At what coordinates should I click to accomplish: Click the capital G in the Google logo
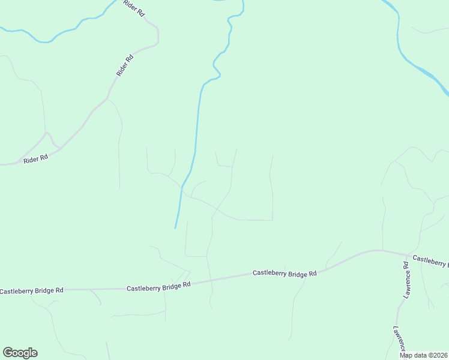click(8, 353)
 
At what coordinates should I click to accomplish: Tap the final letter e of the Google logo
click(34, 353)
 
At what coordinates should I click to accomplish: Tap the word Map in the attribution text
click(406, 355)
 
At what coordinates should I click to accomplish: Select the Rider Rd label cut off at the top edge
click(134, 7)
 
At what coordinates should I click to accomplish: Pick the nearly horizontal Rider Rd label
click(35, 160)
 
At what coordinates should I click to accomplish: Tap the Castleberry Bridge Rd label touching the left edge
click(31, 291)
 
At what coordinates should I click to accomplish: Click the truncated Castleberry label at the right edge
click(430, 261)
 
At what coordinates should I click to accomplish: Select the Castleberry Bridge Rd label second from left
click(158, 286)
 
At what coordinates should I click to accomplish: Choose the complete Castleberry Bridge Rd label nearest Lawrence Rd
click(284, 274)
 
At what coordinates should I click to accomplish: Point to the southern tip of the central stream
click(175, 227)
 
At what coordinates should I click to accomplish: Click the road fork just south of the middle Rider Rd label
click(107, 98)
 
